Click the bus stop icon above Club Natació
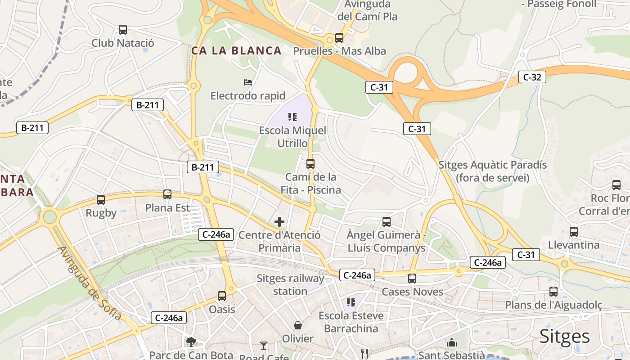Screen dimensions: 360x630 122,30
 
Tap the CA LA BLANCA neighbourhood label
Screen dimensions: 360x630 237,51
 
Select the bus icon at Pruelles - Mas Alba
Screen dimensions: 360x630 339,38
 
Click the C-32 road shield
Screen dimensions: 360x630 532,77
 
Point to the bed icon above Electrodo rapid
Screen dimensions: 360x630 248,82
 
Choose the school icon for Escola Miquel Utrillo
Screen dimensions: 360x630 292,117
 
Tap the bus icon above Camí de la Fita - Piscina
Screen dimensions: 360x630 310,163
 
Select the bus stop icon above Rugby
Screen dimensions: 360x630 101,199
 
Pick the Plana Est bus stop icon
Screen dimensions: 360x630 167,194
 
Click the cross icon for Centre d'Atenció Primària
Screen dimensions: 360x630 279,221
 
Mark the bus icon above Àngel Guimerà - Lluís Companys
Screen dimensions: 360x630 387,221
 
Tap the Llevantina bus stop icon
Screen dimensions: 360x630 574,232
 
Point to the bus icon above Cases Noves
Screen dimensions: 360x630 412,279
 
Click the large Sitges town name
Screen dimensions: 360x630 564,336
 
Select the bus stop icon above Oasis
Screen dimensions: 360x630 222,296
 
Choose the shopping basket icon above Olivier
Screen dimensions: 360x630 298,325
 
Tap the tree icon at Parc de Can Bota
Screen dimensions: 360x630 191,342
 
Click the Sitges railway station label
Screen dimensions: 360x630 290,284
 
